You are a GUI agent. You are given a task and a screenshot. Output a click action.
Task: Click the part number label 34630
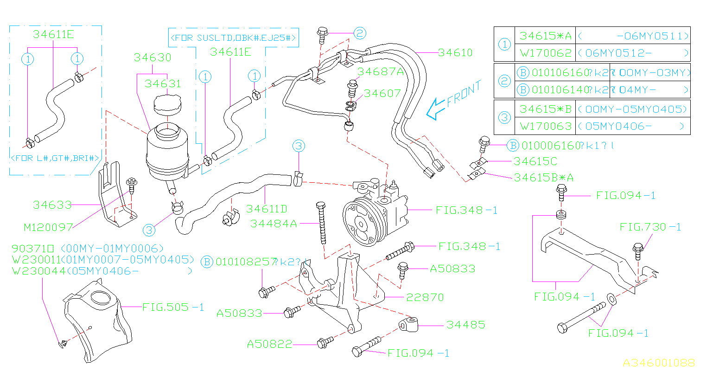(x=153, y=58)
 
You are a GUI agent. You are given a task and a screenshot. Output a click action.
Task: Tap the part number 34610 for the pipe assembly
(x=455, y=53)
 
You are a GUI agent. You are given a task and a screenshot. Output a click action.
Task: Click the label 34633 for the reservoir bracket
(x=52, y=205)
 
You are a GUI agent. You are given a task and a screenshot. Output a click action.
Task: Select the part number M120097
(x=49, y=227)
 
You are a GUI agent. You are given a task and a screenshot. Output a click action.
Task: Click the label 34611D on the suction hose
(x=267, y=209)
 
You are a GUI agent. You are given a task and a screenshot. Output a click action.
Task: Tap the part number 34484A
(x=274, y=224)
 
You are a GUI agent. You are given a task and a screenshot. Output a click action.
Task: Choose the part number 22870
(x=425, y=297)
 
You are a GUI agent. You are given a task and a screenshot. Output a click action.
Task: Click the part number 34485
(x=465, y=325)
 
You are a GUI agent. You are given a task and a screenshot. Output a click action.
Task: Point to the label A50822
(x=269, y=344)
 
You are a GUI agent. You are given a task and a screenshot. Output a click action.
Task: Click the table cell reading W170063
(x=546, y=126)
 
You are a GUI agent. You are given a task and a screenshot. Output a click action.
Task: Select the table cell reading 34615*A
(x=546, y=36)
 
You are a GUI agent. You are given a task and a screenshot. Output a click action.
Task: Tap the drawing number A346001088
(x=658, y=363)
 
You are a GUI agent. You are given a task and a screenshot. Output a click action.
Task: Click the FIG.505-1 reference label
(x=173, y=307)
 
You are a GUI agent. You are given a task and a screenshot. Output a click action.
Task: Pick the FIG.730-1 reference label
(x=650, y=227)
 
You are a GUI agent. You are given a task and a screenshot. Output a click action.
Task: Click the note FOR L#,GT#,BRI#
(x=55, y=158)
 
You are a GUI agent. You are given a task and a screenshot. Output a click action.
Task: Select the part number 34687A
(x=380, y=71)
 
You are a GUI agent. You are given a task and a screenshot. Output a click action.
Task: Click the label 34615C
(x=535, y=161)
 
